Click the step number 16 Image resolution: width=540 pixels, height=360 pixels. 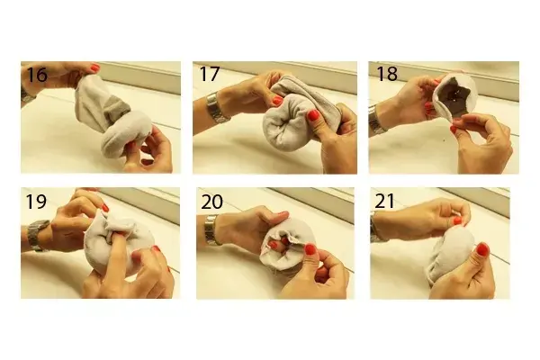coord(37,75)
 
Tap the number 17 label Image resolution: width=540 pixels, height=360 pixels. coord(210,74)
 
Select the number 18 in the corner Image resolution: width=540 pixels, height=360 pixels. coord(387,74)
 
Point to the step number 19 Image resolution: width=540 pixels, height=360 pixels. coord(36,202)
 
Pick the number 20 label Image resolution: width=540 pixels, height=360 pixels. coord(211,202)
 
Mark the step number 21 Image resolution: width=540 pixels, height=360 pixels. coord(384,202)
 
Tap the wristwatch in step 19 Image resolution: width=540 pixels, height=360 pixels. coord(38,235)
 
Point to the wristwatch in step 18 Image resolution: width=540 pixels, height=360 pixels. coord(375,121)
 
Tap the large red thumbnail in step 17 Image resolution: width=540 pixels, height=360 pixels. coord(312,115)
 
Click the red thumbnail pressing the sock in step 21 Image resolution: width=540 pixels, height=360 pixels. coord(482,248)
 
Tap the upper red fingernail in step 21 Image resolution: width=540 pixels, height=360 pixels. coord(457,220)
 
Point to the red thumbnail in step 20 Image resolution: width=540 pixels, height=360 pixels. coord(310,249)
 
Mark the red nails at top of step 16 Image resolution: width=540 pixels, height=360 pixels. coord(95,67)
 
